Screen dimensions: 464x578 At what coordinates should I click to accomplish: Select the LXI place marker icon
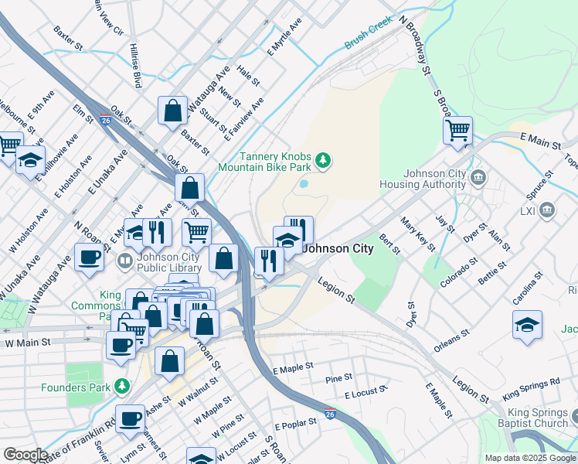point(548,210)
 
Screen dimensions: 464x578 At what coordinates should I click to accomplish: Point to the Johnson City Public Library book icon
point(124,261)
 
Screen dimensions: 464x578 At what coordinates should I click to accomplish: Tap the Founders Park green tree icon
point(121,385)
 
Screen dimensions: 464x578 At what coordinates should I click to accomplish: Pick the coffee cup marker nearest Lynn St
point(130,418)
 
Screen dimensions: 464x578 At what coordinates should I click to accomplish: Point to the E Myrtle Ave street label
point(284,38)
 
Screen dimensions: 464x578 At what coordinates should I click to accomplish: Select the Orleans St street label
point(451,343)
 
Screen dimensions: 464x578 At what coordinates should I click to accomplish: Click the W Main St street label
point(27,342)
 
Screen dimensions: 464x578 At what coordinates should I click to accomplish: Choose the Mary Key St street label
point(417,234)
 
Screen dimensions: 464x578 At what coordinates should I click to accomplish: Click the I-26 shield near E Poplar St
point(330,413)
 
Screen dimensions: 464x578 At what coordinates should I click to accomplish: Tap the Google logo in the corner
point(25,455)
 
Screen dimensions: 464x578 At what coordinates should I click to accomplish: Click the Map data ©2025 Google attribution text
point(529,458)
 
